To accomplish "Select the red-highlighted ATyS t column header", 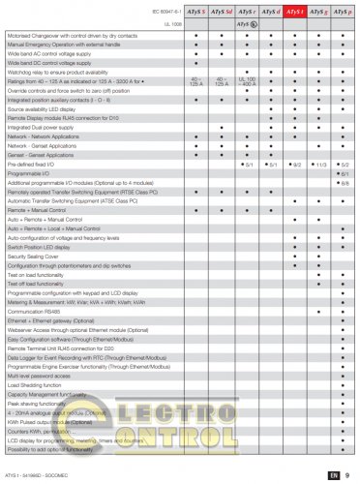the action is click(x=296, y=15).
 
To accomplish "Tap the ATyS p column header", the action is click(x=345, y=15).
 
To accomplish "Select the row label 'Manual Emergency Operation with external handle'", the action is click(x=56, y=45).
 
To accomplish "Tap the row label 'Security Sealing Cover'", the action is click(x=33, y=256).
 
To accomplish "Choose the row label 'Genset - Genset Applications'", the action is click(x=40, y=155).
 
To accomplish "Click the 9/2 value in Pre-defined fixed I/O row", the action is click(x=296, y=165).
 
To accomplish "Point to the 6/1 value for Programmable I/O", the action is click(x=345, y=173).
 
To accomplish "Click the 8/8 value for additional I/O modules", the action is click(x=345, y=182).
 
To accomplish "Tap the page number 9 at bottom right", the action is click(x=346, y=475).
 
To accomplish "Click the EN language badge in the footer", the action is click(x=332, y=475).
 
